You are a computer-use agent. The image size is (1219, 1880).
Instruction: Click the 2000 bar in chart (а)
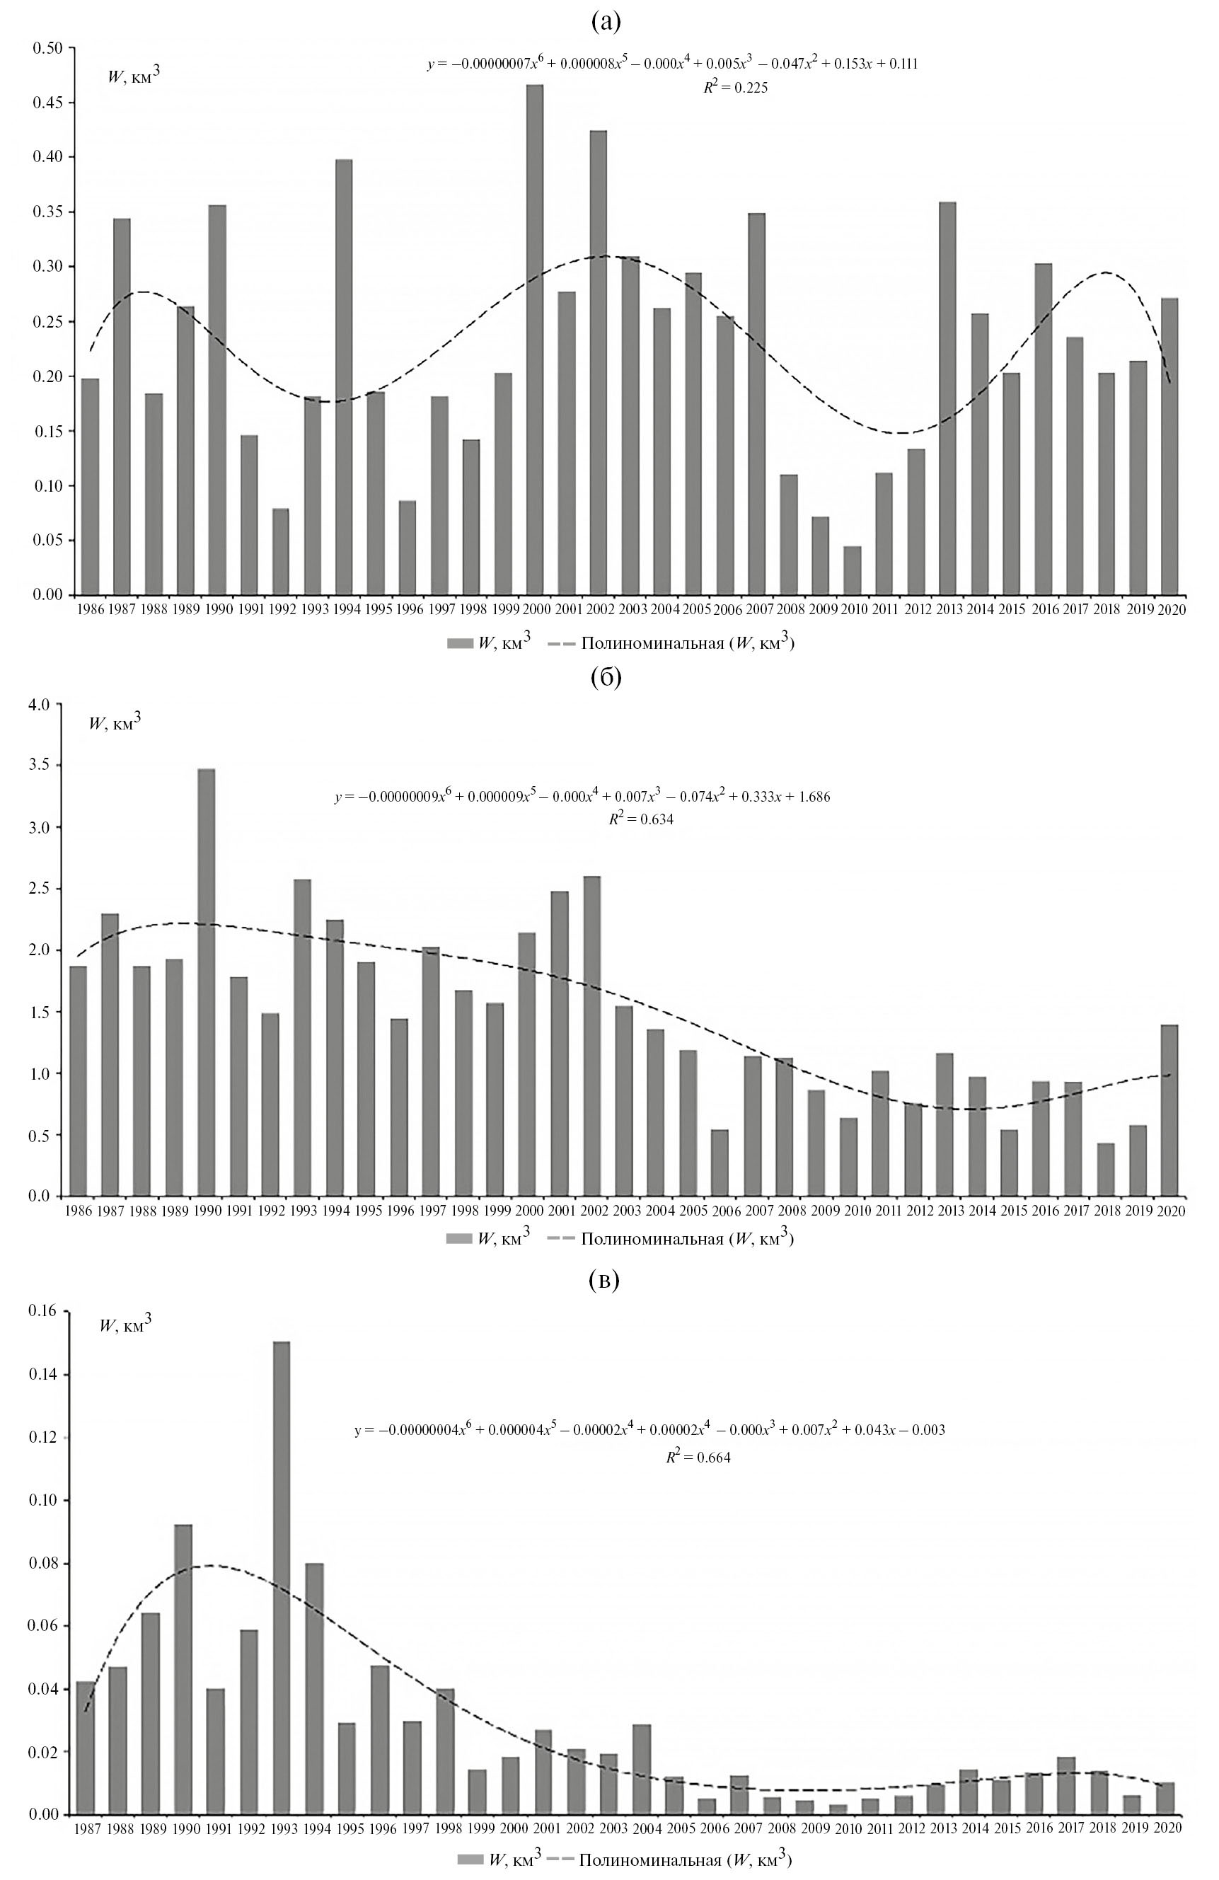pos(535,340)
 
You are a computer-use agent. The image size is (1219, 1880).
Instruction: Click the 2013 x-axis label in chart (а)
pos(947,609)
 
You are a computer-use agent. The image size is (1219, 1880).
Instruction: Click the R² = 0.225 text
pos(736,88)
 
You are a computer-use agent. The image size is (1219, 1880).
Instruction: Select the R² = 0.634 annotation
pos(641,820)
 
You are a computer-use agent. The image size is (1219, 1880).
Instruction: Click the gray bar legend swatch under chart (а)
pos(458,644)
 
